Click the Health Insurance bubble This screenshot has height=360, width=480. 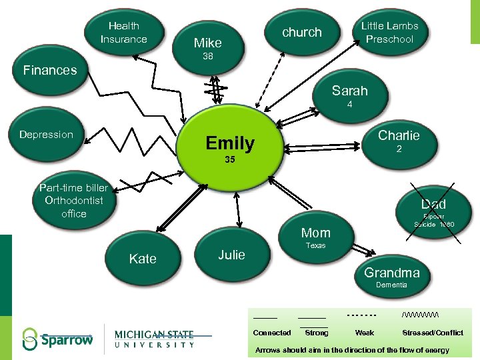tap(124, 33)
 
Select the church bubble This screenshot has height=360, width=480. tap(301, 33)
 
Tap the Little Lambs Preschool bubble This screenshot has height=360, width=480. tap(389, 33)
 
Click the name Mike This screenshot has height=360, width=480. tap(207, 43)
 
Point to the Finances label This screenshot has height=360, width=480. tap(50, 70)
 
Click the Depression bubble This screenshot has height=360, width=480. tap(47, 135)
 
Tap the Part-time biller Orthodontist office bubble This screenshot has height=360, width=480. tap(73, 200)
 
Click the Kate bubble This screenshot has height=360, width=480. tap(143, 259)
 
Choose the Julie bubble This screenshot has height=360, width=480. tap(231, 255)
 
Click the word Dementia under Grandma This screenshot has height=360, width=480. tap(391, 285)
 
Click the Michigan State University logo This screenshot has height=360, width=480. tap(154, 339)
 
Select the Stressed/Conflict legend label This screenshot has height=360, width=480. tap(432, 333)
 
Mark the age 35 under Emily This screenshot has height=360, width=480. tap(230, 160)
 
